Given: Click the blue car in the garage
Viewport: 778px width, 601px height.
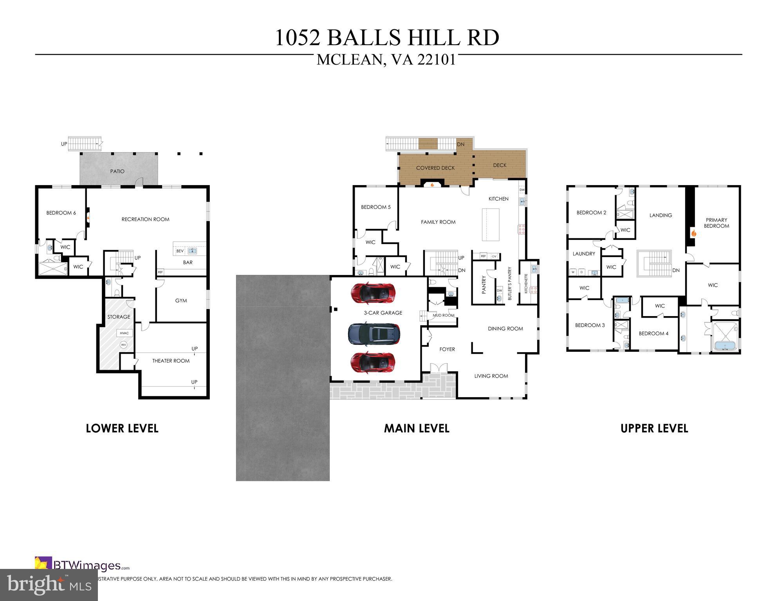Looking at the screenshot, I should [x=374, y=334].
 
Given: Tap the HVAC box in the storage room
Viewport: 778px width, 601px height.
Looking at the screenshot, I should [x=124, y=333].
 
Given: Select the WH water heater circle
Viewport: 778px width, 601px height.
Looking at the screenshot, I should [x=124, y=345].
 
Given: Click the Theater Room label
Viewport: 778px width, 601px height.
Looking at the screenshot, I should [x=171, y=361].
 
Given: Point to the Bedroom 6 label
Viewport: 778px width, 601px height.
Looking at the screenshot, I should [x=61, y=213].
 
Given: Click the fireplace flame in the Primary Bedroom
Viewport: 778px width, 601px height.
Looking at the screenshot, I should [x=693, y=234].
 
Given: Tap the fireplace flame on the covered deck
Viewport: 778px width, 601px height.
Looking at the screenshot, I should [x=432, y=185].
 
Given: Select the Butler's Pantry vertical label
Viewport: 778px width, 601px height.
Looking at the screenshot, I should [x=510, y=283].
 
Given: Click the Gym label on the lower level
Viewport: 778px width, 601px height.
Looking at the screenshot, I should [x=181, y=300].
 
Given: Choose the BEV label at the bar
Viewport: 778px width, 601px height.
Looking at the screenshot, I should [x=180, y=251].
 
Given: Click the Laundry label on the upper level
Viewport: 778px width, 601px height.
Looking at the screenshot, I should [x=584, y=254].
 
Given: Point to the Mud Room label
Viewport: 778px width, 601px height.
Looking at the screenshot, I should [x=443, y=315].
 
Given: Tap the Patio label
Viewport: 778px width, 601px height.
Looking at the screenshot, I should [x=117, y=171].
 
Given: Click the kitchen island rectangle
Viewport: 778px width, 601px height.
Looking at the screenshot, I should [x=491, y=225].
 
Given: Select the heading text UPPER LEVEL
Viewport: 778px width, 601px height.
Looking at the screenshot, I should [x=654, y=428].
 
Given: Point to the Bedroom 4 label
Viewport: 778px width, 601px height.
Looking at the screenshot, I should [x=653, y=333].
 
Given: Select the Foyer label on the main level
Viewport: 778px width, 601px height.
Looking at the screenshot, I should [x=447, y=349].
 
